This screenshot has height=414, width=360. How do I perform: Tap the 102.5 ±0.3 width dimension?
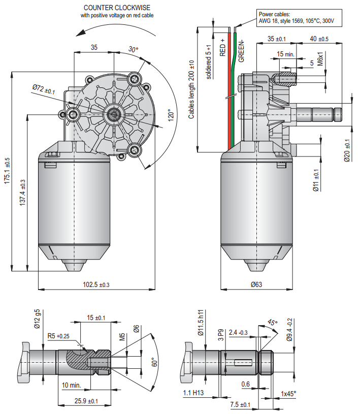coord(96,284)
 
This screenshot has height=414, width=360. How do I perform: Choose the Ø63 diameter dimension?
coord(256,284)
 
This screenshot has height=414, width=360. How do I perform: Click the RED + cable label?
coord(222,46)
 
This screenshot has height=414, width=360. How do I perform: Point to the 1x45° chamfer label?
coord(288,393)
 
